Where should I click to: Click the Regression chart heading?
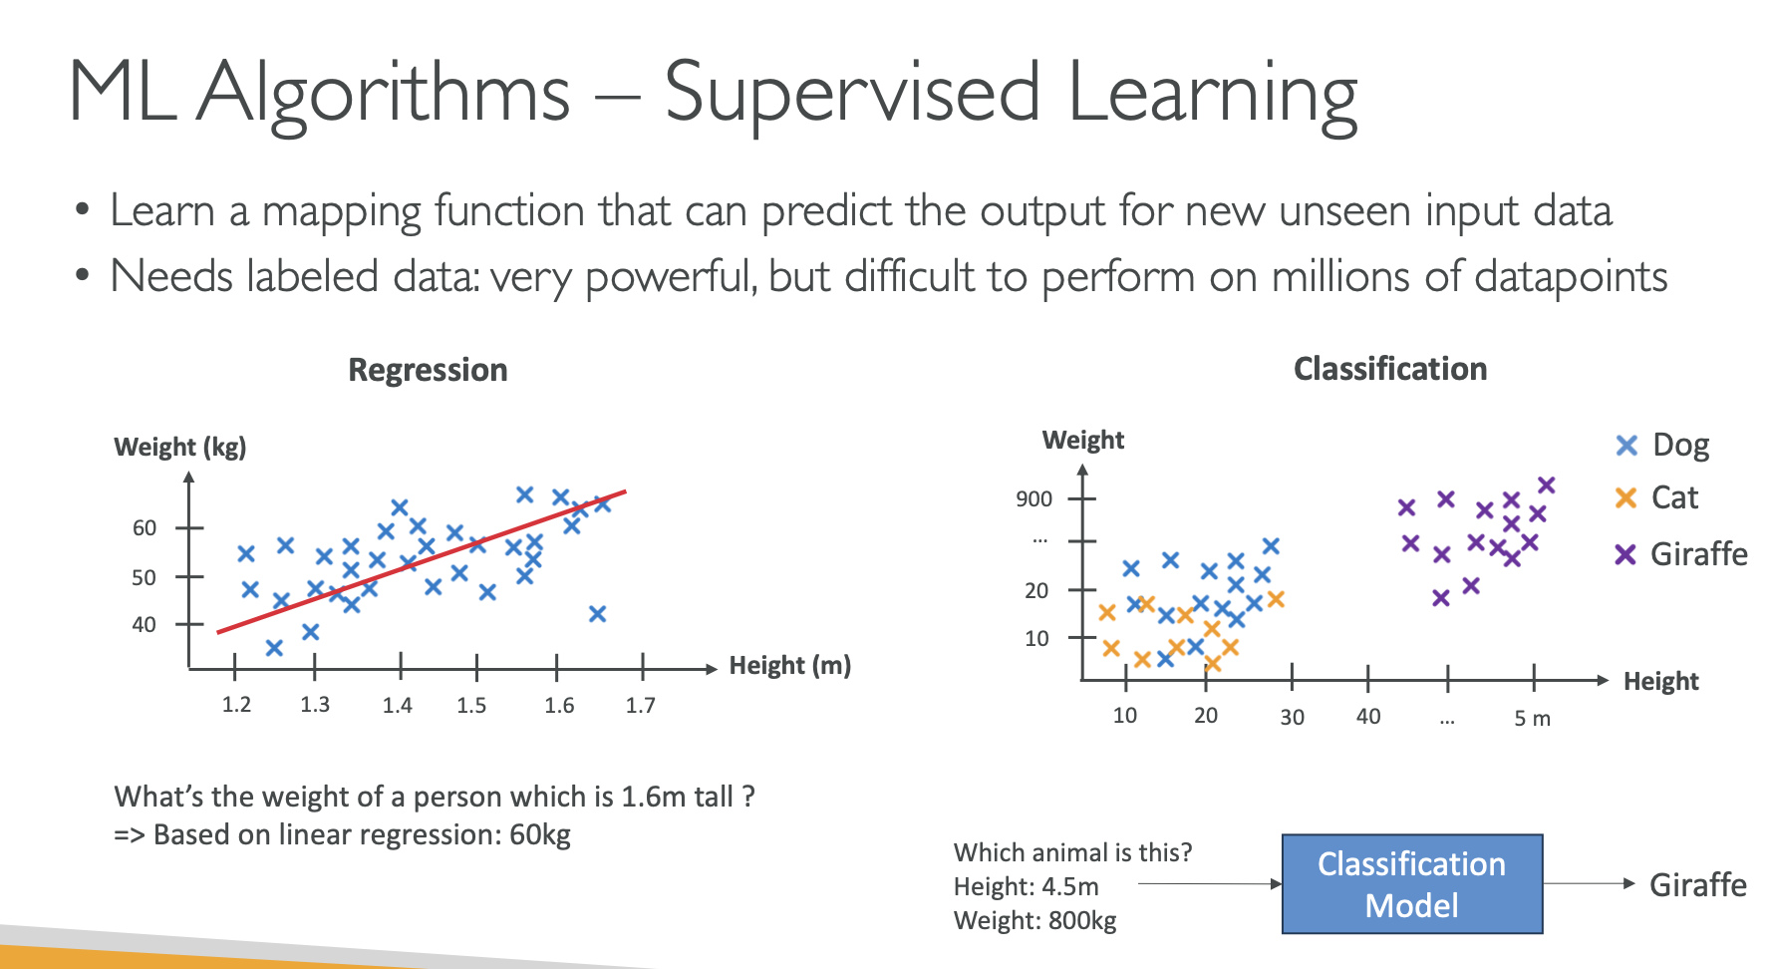pos(428,370)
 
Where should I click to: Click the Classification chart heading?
pos(1390,369)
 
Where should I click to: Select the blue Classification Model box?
pos(1412,884)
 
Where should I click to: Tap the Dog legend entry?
pos(1662,445)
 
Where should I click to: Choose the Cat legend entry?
pos(1656,497)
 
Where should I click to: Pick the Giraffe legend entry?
pos(1681,553)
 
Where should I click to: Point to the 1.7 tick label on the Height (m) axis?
pos(640,706)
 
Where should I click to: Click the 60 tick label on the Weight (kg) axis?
pos(145,527)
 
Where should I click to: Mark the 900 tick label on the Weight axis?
pos(1033,498)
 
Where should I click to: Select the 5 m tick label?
pos(1532,718)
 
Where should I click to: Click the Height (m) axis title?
pos(790,665)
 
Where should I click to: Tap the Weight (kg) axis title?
pos(180,447)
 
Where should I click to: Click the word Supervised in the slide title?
pos(852,94)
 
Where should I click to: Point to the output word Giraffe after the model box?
pos(1698,884)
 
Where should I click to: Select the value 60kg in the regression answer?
pos(540,834)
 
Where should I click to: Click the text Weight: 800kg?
pos(1035,920)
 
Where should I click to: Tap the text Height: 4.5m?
pos(1027,886)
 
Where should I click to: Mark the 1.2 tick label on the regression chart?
pos(236,705)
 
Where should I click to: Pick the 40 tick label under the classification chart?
pos(1368,717)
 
